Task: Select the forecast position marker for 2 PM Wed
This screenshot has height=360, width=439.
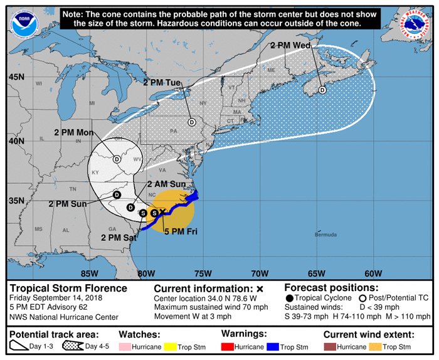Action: click(322, 90)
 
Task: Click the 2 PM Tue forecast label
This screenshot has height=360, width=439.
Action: click(162, 82)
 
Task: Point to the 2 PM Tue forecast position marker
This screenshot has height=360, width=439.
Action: click(191, 122)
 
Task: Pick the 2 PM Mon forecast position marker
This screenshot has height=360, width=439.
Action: click(117, 159)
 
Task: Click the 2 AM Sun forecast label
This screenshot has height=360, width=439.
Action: click(166, 184)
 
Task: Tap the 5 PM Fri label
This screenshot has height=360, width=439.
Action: click(181, 231)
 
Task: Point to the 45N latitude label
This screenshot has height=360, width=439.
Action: click(16, 77)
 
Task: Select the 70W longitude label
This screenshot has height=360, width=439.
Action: click(260, 273)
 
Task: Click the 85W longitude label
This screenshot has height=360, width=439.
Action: click(89, 273)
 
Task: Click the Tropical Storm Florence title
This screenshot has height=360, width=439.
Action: click(68, 289)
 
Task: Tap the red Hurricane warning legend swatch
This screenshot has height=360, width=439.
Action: click(231, 346)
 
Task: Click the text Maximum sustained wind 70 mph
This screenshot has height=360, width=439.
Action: click(211, 307)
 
